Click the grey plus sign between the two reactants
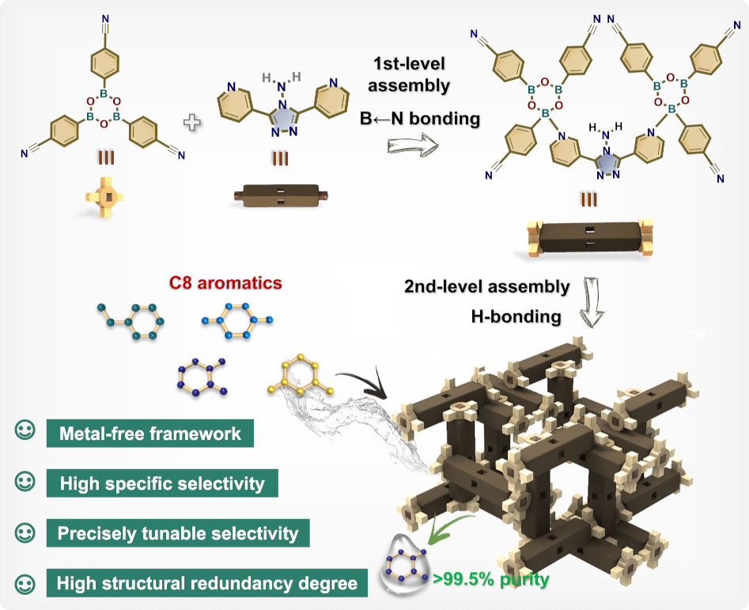192,123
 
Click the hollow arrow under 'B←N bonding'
412,146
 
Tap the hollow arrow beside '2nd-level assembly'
592,302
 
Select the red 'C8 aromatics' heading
225,282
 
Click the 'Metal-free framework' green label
150,434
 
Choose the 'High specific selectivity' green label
162,483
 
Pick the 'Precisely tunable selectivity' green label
178,533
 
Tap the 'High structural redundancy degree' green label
207,583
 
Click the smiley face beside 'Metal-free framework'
25,430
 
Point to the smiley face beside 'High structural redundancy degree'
25,584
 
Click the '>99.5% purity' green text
491,579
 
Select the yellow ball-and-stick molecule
301,376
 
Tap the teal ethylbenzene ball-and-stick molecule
131,321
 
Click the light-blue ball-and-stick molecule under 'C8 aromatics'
237,320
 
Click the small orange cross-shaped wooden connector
104,197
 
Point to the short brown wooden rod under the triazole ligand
281,196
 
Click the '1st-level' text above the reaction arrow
409,64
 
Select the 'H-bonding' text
516,316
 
